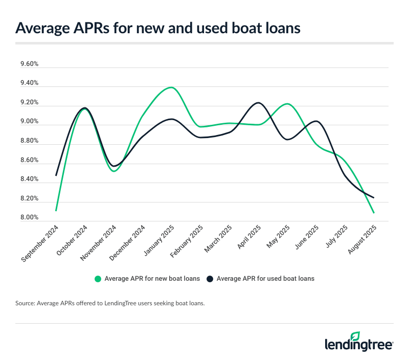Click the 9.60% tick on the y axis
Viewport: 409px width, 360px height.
(29, 64)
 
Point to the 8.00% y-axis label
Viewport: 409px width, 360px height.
(29, 218)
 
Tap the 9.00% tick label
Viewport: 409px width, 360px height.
(29, 122)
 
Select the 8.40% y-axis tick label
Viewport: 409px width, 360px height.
(29, 179)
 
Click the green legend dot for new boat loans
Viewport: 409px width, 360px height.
(98, 279)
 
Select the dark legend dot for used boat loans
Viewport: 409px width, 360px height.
(210, 279)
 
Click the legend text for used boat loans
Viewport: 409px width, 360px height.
(265, 279)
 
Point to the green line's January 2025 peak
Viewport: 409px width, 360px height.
(171, 87)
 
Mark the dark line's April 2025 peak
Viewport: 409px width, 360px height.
(259, 103)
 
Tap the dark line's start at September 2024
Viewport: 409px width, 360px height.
(56, 176)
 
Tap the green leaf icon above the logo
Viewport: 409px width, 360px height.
(355, 335)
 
